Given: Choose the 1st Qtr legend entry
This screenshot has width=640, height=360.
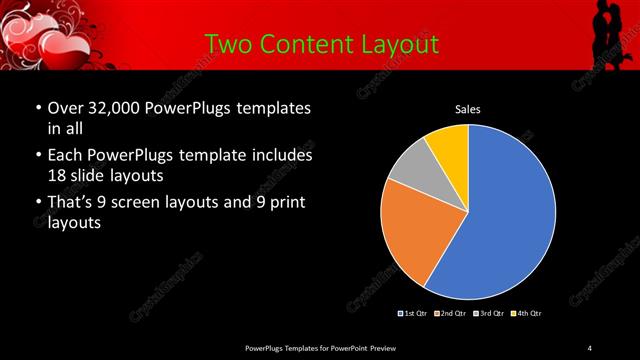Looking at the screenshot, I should tap(414, 314).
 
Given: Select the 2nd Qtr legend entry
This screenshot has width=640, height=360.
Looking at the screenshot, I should tap(452, 314).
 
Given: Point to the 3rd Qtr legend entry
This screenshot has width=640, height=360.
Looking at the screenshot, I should tap(490, 314).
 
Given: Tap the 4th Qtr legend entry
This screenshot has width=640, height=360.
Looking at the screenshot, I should tap(527, 314).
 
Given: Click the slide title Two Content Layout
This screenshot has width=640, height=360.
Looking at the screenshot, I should tap(321, 44).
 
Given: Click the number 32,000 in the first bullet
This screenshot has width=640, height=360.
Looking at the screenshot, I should tap(115, 108).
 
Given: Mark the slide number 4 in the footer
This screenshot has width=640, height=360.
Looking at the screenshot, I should tap(589, 347).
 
